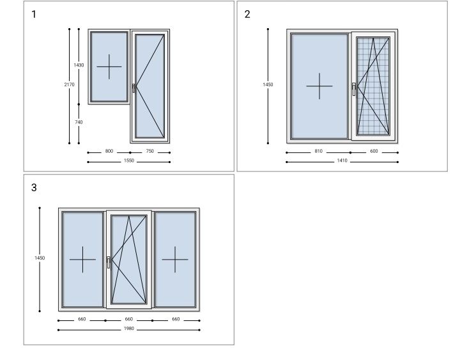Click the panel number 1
click(x=34, y=14)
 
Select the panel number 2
click(x=247, y=14)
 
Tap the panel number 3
click(x=34, y=187)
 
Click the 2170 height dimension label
click(x=69, y=84)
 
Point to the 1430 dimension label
click(x=79, y=65)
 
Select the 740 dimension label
click(x=79, y=122)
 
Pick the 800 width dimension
click(x=109, y=151)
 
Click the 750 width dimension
click(x=149, y=151)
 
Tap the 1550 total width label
click(x=129, y=160)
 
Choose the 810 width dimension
click(x=318, y=151)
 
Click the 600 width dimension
click(x=374, y=151)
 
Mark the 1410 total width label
click(x=342, y=160)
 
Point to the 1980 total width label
click(x=129, y=329)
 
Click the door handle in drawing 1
click(x=134, y=88)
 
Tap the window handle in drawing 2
click(x=354, y=89)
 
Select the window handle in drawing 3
click(x=109, y=262)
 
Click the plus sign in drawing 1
click(x=109, y=67)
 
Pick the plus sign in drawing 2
click(x=319, y=86)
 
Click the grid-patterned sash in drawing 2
click(x=373, y=86)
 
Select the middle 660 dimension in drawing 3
click(x=129, y=319)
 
